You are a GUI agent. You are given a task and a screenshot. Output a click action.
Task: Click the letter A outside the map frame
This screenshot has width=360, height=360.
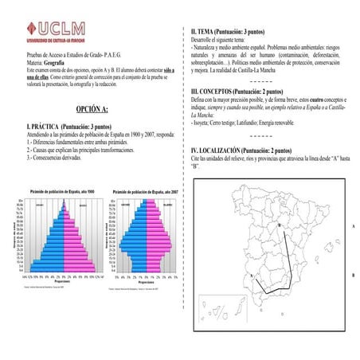[352, 226]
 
